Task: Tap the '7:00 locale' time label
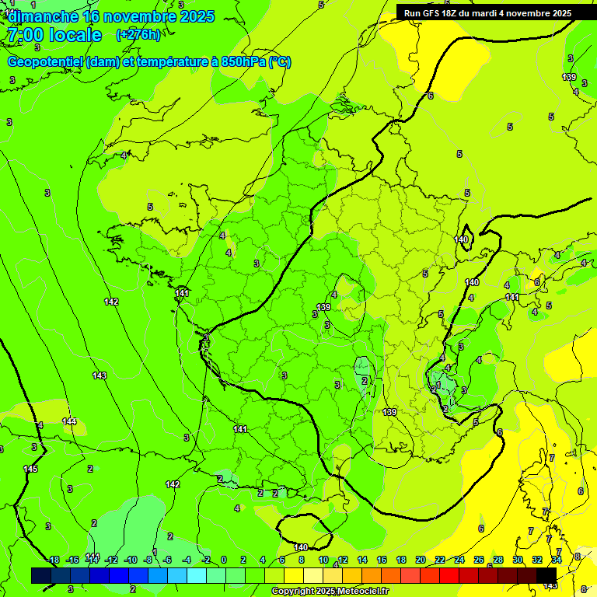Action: (54, 35)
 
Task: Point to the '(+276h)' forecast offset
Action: (138, 34)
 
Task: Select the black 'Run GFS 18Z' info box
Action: (487, 12)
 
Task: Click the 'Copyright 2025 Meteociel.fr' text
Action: (330, 592)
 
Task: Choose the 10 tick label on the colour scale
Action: (323, 560)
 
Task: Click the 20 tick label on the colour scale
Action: (420, 560)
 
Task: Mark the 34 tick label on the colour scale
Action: (557, 560)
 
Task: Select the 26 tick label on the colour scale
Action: (479, 560)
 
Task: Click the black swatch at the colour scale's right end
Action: (546, 575)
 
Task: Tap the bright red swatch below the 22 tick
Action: (449, 575)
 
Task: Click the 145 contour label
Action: (30, 469)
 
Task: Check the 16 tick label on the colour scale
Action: (381, 560)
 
